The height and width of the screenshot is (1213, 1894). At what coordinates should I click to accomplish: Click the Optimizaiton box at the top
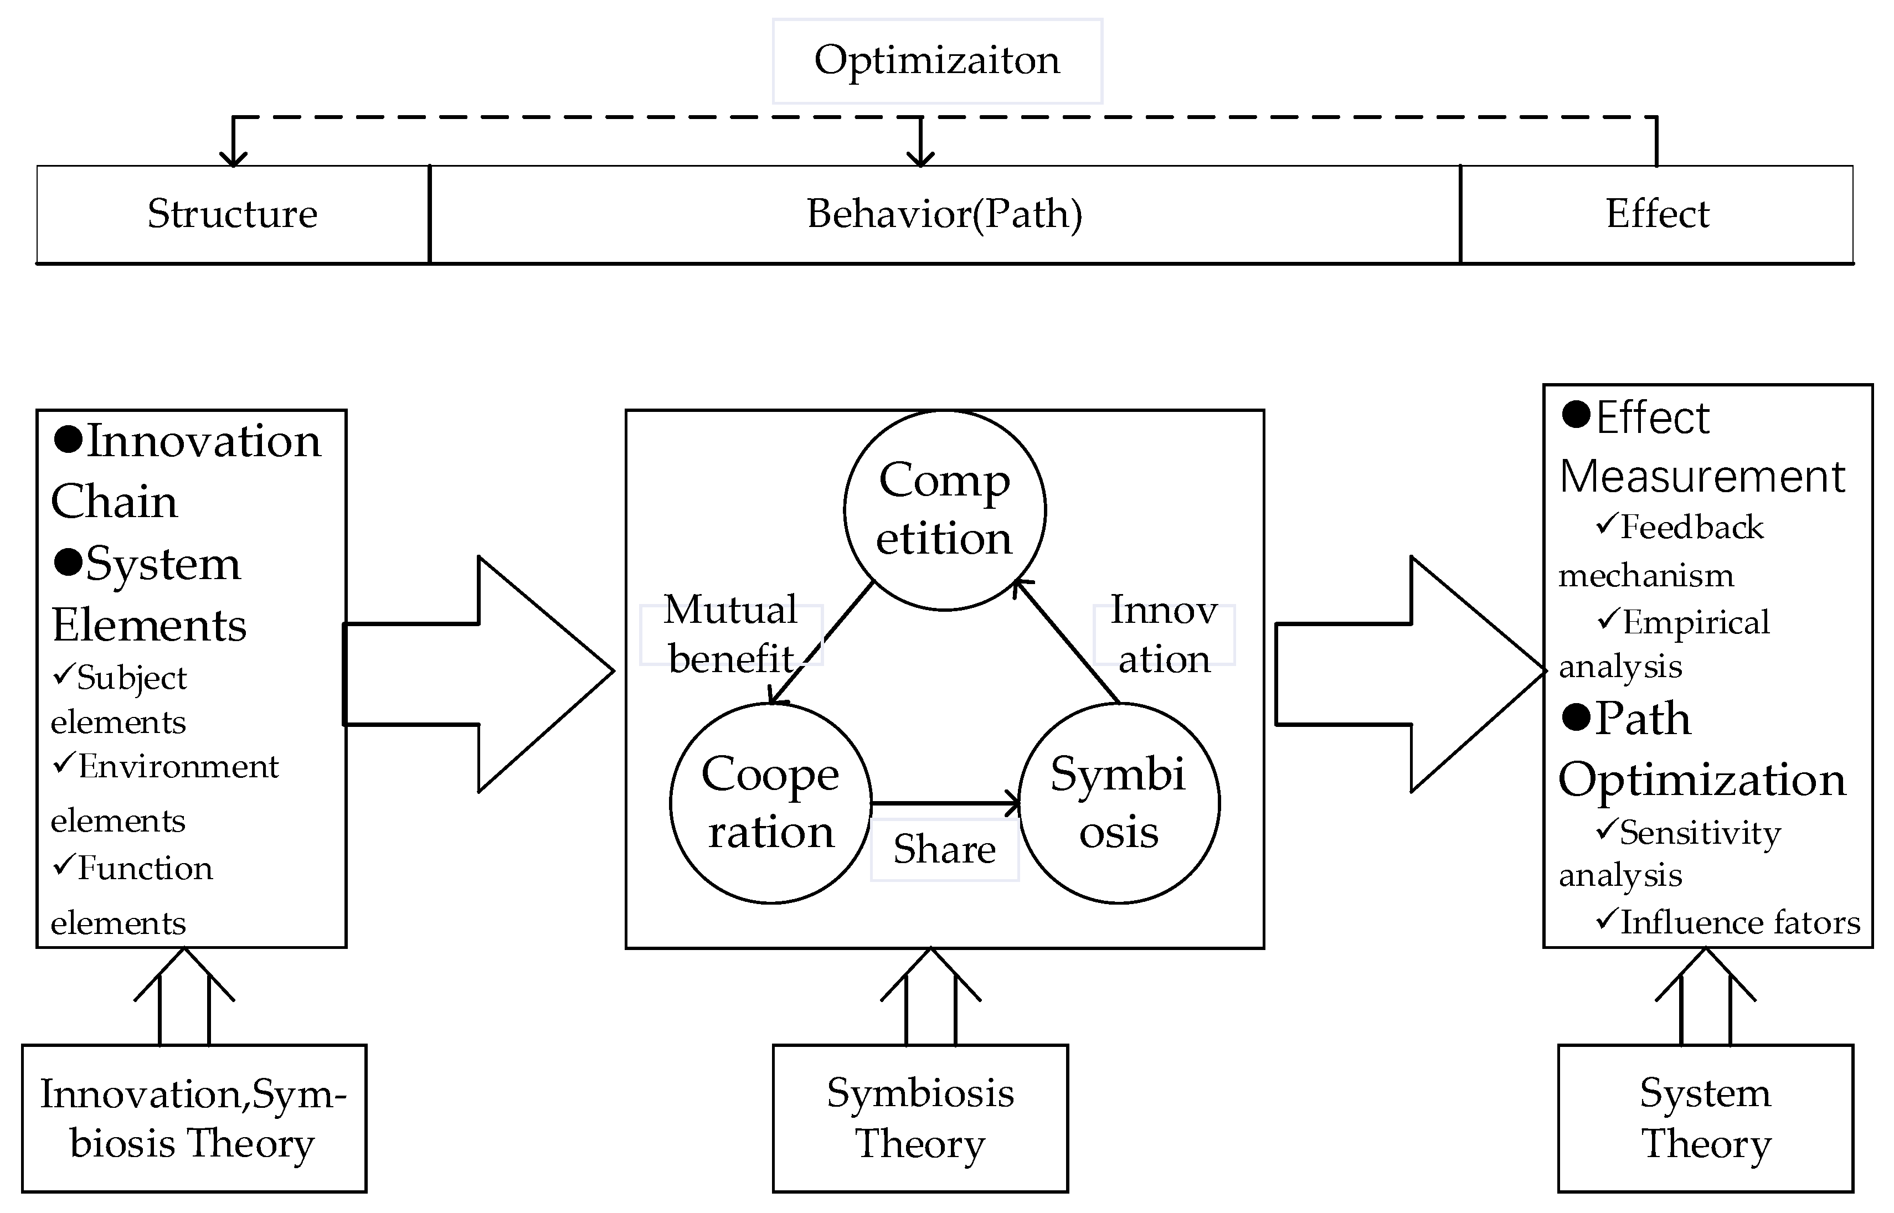937,61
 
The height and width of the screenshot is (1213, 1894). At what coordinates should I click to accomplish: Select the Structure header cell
233,214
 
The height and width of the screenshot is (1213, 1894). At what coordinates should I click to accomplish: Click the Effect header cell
1657,214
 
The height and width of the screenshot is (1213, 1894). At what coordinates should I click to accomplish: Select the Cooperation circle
770,803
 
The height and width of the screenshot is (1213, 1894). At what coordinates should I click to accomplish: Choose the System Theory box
1705,1118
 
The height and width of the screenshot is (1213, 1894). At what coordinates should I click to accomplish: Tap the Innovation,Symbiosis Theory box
193,1118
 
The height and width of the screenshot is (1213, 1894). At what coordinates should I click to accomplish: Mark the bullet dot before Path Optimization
1576,717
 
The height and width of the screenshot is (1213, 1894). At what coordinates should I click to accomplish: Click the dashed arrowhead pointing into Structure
233,158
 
